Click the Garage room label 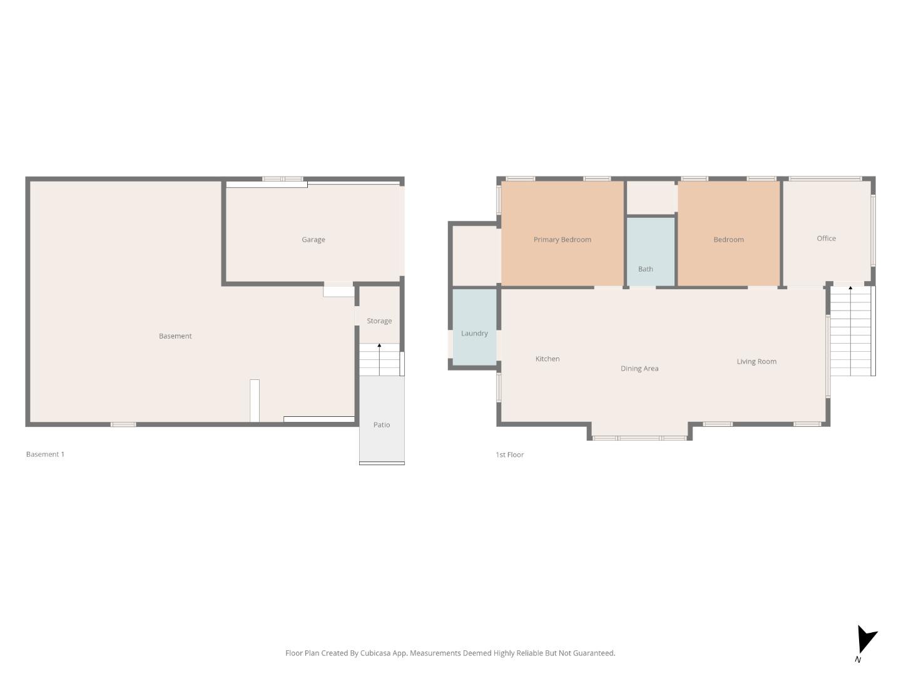[x=313, y=240]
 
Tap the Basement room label [x=175, y=336]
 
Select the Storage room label [x=379, y=321]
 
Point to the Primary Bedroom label [x=562, y=240]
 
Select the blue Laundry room [x=474, y=327]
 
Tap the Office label [x=826, y=238]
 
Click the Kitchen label [x=547, y=359]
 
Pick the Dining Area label [x=639, y=369]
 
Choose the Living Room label [x=756, y=361]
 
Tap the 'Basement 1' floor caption [x=45, y=454]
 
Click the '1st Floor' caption [x=509, y=454]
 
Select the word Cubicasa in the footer [x=375, y=653]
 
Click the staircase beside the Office [x=850, y=332]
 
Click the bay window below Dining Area [x=639, y=438]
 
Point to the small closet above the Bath [x=651, y=198]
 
